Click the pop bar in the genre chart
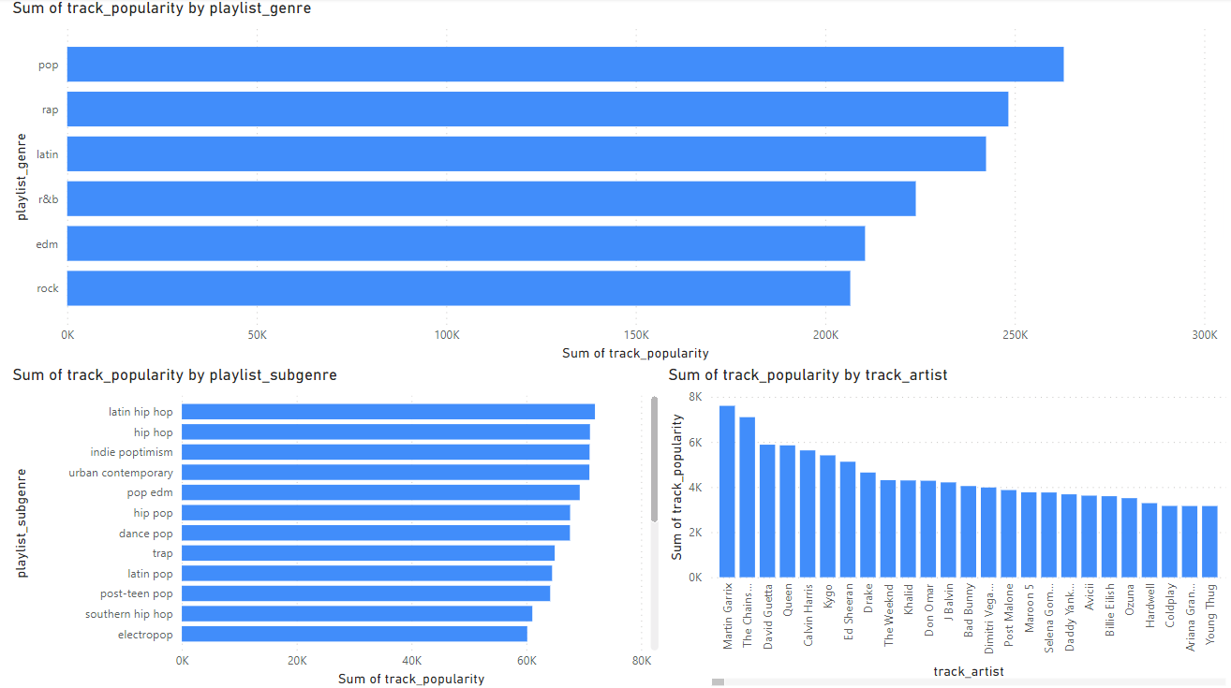565,65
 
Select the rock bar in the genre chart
458,288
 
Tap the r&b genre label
49,198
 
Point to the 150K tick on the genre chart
635,335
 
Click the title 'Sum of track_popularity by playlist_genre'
162,8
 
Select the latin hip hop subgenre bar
388,412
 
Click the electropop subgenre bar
354,634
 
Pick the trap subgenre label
162,553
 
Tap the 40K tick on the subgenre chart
412,661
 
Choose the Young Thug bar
1209,542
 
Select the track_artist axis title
969,671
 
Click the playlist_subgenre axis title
22,522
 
